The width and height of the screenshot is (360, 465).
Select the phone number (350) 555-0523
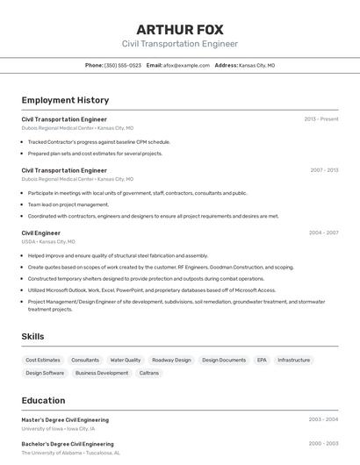(x=123, y=65)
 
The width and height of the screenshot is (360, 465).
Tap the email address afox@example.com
(x=185, y=65)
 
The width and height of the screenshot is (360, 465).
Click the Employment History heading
(x=65, y=100)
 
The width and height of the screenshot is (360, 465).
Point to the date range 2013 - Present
(x=321, y=119)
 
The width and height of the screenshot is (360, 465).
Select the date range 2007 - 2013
(x=323, y=170)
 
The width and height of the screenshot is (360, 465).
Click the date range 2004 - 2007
(x=323, y=232)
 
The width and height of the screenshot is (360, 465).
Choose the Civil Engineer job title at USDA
(x=41, y=232)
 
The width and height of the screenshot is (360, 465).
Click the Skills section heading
(x=33, y=336)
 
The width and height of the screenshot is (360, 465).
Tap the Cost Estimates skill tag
(x=43, y=360)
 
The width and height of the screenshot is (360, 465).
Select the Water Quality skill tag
(x=126, y=360)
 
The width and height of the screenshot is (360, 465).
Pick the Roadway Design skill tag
(x=171, y=360)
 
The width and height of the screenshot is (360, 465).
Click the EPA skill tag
(x=262, y=360)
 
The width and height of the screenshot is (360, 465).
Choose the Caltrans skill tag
(x=149, y=373)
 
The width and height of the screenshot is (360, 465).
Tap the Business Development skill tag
(x=102, y=373)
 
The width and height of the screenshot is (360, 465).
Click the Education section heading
(x=43, y=400)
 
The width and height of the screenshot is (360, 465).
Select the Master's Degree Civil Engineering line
(x=65, y=419)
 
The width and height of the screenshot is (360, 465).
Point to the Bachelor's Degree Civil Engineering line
(x=68, y=444)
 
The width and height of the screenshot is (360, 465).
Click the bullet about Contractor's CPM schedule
(x=98, y=141)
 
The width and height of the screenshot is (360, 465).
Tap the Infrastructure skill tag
(x=294, y=360)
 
